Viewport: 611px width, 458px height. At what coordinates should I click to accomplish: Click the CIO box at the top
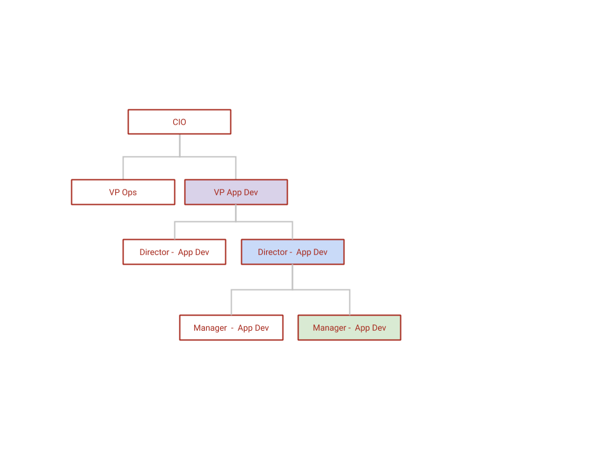(179, 122)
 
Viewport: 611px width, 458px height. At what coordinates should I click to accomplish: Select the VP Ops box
(123, 192)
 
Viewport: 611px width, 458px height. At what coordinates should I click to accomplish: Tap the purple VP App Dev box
(236, 192)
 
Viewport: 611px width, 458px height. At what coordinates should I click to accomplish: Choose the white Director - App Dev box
(174, 252)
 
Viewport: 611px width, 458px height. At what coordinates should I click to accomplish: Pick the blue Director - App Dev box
(293, 252)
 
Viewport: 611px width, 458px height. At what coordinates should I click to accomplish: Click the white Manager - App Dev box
(231, 328)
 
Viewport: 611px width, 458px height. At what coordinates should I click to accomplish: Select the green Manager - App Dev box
(349, 328)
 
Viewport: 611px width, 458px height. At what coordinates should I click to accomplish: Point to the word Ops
(129, 193)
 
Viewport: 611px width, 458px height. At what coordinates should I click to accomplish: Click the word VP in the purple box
(219, 192)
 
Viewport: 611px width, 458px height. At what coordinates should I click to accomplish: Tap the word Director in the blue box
(272, 252)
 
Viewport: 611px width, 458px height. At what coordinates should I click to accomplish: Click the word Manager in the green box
(329, 328)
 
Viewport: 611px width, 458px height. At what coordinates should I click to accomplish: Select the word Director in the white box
(154, 252)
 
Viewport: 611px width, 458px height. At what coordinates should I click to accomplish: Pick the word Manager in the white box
(210, 328)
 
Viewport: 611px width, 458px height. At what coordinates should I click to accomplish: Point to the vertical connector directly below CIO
(179, 146)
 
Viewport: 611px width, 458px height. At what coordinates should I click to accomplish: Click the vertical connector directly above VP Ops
(123, 168)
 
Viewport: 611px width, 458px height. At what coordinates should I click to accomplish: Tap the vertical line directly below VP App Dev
(235, 213)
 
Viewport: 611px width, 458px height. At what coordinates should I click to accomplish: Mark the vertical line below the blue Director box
(293, 277)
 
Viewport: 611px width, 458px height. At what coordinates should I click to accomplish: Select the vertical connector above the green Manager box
(349, 302)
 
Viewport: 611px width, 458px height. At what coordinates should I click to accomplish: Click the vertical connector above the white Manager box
(232, 302)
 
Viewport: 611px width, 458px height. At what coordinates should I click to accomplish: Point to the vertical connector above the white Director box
(174, 230)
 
